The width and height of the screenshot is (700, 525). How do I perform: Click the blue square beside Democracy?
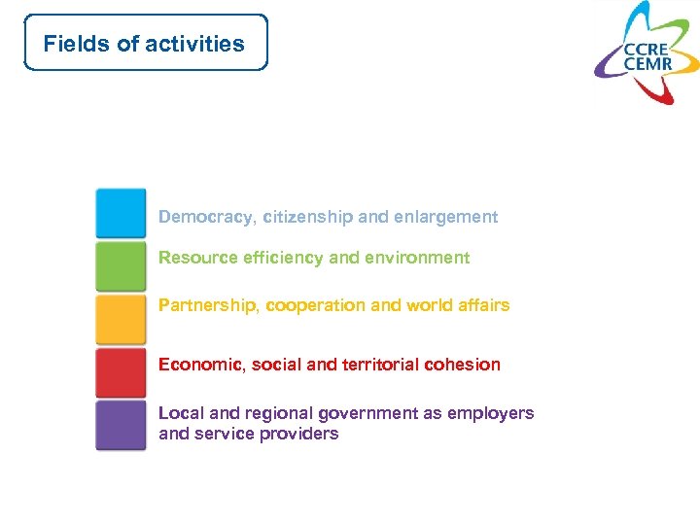pos(121,213)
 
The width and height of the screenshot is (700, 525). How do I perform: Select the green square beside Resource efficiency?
pos(121,265)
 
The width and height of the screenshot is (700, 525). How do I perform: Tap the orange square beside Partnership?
pos(121,319)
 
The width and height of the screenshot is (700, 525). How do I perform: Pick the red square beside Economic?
pos(121,372)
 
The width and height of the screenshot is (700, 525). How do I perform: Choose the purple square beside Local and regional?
pos(121,425)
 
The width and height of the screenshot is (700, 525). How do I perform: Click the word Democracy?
pos(205,217)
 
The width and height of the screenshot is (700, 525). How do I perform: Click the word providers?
pos(302,434)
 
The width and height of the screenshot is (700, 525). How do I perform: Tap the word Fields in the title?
pos(69,44)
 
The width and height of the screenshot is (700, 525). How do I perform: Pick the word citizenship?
pos(307,217)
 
